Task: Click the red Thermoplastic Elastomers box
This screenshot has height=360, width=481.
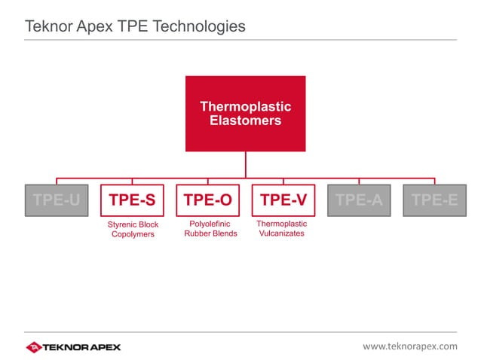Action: [x=245, y=113]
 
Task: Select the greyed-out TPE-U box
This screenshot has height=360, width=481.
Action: [x=56, y=200]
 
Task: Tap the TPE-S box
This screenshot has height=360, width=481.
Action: [x=132, y=200]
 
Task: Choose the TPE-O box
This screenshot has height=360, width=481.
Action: [x=207, y=200]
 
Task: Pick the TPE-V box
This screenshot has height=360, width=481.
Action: [x=283, y=200]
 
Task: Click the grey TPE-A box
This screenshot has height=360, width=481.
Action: [x=359, y=200]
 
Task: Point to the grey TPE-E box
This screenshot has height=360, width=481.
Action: [x=434, y=200]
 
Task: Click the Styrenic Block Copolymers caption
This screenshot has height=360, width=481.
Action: [x=132, y=229]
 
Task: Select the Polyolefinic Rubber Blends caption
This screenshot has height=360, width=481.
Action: [x=210, y=229]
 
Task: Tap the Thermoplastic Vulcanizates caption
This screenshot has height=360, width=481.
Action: [x=281, y=229]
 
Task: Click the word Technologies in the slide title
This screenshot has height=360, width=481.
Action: [x=201, y=26]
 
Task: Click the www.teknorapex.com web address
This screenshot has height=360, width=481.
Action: [x=409, y=346]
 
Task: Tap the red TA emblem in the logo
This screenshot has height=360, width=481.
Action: [x=35, y=346]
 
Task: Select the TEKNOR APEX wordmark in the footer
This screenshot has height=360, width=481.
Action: [x=83, y=346]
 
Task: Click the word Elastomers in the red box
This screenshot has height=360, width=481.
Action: [x=245, y=120]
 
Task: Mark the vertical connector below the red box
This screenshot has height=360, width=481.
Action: [x=245, y=164]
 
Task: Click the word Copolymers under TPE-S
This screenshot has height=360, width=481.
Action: [x=132, y=234]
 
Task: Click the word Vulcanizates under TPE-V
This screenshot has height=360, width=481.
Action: [x=281, y=233]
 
